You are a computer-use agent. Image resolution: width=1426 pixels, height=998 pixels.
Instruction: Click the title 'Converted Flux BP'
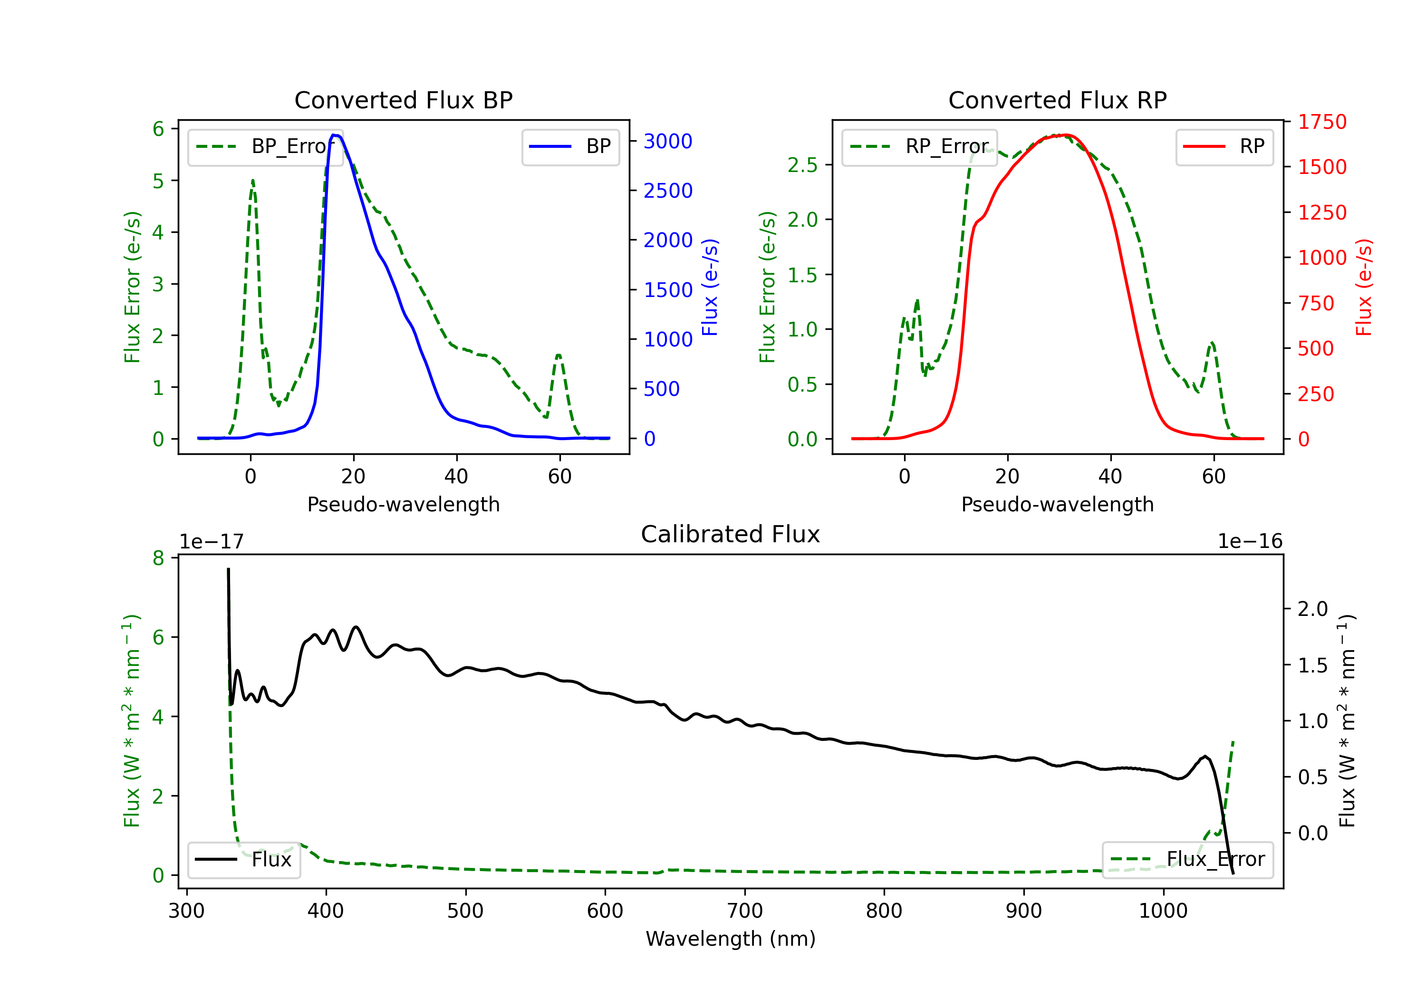point(403,100)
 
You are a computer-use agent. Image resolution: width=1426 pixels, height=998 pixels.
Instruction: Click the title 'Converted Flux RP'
point(1057,100)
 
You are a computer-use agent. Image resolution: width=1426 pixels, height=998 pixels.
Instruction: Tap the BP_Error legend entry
point(265,146)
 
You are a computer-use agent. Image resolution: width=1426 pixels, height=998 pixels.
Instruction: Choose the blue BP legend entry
point(570,146)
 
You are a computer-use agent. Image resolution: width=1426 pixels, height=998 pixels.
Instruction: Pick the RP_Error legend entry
point(919,146)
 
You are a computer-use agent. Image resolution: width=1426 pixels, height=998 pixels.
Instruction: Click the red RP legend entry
point(1224,146)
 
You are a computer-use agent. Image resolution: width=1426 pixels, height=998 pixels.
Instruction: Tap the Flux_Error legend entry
point(1187,860)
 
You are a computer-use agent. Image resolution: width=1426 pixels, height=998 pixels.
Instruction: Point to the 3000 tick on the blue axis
point(668,142)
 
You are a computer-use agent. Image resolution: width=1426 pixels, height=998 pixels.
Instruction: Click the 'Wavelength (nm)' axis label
point(731,939)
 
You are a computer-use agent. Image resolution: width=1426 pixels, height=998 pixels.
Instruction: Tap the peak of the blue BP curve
point(335,135)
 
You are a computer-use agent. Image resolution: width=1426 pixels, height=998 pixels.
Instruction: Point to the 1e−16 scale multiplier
point(1250,542)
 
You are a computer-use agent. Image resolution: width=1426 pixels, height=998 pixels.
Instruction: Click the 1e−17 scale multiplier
point(212,542)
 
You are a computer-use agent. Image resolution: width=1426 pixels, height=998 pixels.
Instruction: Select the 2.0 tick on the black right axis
point(1312,609)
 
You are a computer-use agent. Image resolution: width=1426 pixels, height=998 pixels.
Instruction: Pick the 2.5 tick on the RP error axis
point(802,165)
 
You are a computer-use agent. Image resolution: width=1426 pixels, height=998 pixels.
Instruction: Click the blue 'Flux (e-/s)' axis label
point(710,287)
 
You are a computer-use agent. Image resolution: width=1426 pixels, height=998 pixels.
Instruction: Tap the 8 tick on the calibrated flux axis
point(159,558)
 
